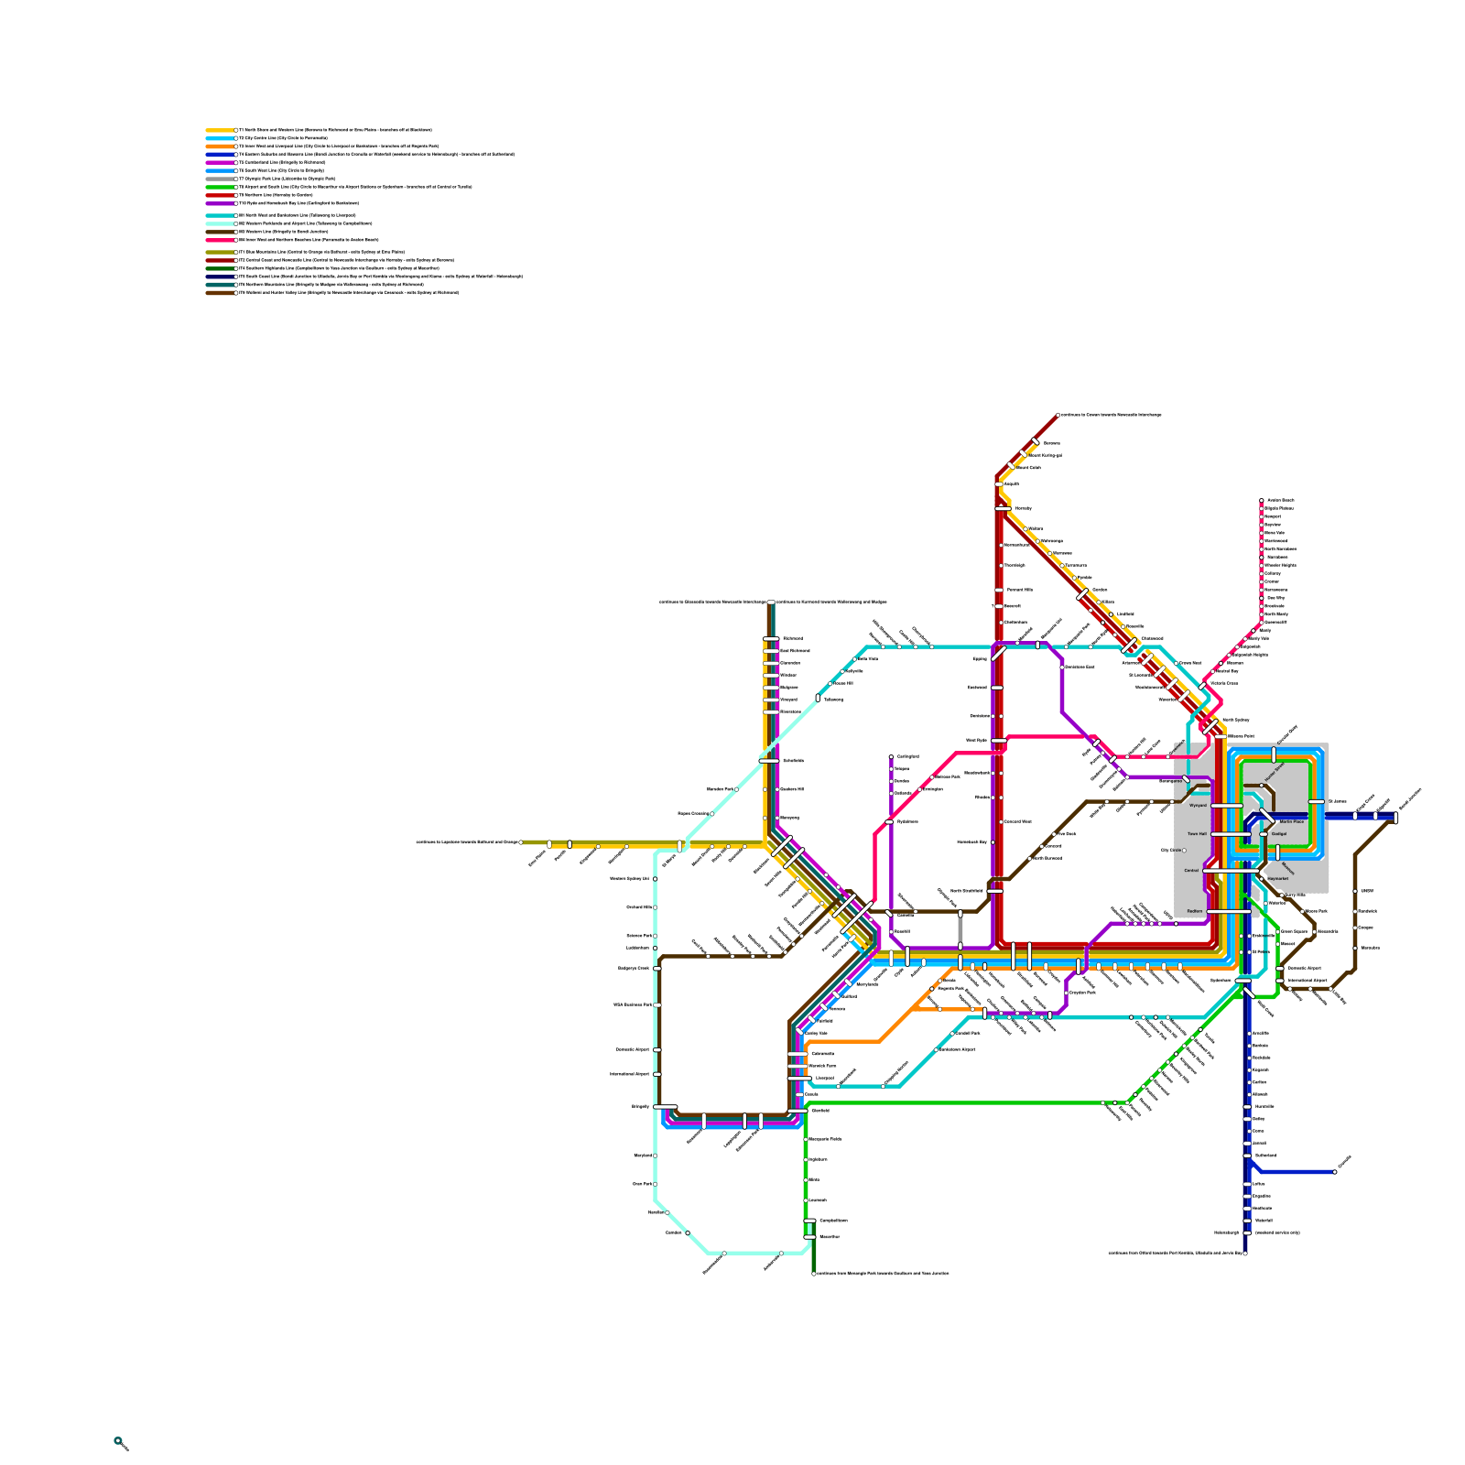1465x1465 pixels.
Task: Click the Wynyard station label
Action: pos(1198,806)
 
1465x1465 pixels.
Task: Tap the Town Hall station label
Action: pos(1197,834)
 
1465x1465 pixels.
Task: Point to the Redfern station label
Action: pos(1194,911)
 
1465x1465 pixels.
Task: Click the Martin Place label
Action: pos(1292,822)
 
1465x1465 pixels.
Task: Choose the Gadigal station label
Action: pos(1279,834)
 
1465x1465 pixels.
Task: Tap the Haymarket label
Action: pos(1277,879)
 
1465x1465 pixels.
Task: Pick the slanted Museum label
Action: pos(1287,867)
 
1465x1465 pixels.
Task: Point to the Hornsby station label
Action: pos(1023,508)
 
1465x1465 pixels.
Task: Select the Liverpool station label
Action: pos(824,1079)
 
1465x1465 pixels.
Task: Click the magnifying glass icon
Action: pos(121,1444)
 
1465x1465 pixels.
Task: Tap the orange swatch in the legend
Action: pos(220,146)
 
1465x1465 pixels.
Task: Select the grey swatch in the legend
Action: pos(220,179)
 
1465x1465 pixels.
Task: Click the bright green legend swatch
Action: pos(220,187)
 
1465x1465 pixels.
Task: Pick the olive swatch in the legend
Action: pos(220,252)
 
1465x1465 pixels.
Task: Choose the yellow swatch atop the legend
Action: pos(220,131)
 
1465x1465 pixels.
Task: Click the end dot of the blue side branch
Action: pos(1335,1172)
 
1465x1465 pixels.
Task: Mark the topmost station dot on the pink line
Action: pos(1262,501)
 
